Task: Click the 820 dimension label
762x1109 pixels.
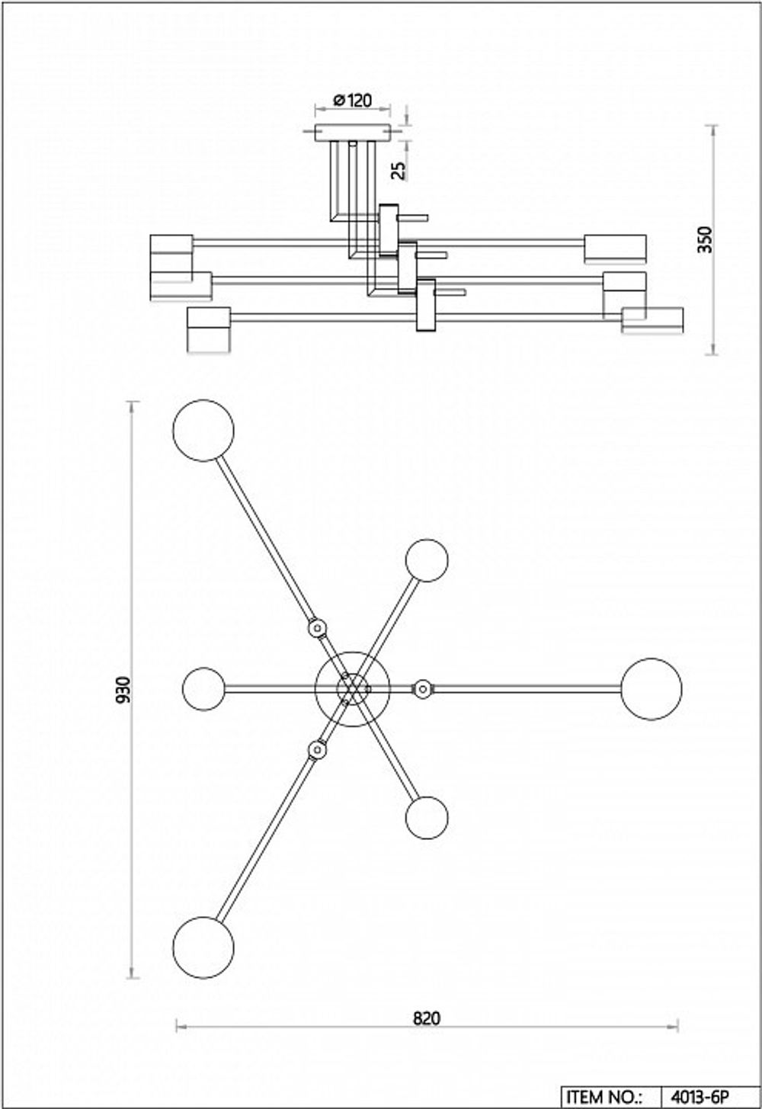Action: click(427, 1018)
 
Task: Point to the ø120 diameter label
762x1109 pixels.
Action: click(353, 100)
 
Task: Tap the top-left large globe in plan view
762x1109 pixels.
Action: click(203, 431)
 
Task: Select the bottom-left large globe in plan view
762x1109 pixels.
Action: click(203, 947)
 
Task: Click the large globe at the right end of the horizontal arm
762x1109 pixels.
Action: click(651, 689)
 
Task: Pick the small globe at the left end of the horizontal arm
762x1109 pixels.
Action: click(204, 689)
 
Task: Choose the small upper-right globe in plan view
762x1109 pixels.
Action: click(427, 560)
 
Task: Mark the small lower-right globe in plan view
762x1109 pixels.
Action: click(427, 818)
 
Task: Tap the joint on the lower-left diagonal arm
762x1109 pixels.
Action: click(316, 750)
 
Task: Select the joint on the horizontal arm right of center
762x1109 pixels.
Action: click(422, 689)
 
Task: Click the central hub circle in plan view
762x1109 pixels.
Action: click(352, 689)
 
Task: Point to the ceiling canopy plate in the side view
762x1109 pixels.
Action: click(353, 133)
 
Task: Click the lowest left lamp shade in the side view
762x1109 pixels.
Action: click(209, 329)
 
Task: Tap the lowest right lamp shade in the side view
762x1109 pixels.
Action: click(652, 319)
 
